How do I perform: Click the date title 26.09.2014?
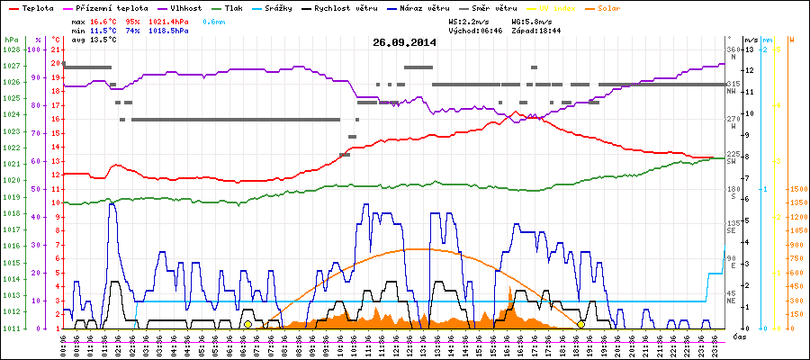coord(404,42)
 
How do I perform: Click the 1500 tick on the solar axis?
coord(798,190)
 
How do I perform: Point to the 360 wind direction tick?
coord(732,49)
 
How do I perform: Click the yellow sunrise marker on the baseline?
coord(248,324)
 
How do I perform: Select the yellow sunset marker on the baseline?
coord(581,324)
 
